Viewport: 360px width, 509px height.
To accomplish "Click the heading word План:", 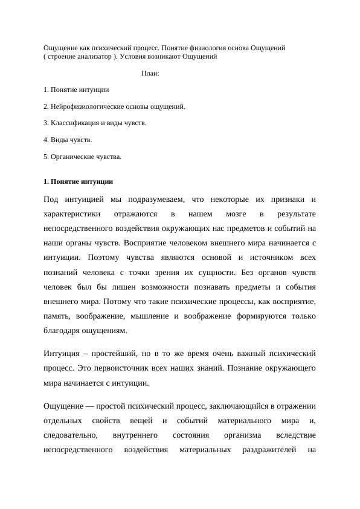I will pos(150,74).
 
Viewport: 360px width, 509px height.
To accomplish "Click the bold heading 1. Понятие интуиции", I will pos(78,181).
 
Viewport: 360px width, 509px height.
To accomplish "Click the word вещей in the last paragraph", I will pos(143,421).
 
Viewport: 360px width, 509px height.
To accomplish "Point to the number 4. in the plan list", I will pos(47,140).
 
